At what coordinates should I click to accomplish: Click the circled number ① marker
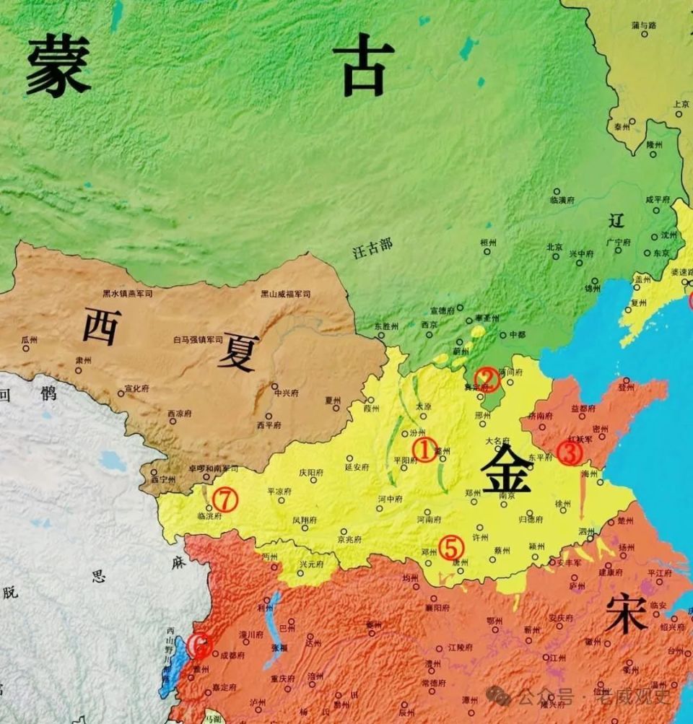[424, 450]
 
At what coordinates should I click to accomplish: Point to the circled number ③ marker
[570, 453]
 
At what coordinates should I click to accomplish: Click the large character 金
[506, 468]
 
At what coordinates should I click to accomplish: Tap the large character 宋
[625, 614]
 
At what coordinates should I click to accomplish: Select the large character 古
[363, 65]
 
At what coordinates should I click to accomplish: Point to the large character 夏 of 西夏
[237, 352]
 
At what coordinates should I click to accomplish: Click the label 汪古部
[372, 248]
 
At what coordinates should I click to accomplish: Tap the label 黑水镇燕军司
[128, 294]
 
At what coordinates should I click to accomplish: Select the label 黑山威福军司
[285, 294]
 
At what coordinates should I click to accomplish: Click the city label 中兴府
[285, 393]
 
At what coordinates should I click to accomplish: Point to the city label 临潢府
[562, 199]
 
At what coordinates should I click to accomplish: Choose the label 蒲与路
[644, 25]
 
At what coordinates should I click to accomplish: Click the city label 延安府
[357, 467]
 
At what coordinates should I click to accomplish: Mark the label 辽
[616, 220]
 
